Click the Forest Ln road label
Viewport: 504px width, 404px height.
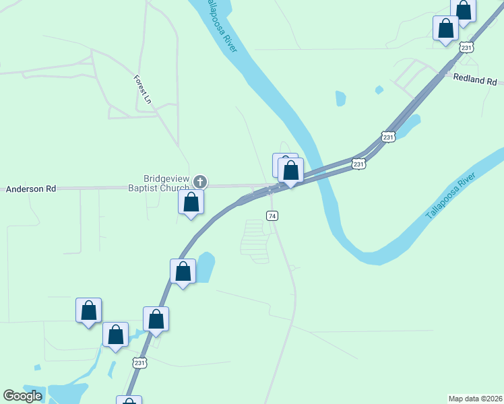click(142, 90)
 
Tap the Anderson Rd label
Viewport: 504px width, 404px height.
click(31, 189)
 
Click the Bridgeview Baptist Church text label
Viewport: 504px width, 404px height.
click(159, 182)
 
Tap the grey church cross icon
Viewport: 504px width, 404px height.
click(199, 181)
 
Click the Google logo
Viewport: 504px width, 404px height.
click(23, 396)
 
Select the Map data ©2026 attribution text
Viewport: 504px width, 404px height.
click(475, 399)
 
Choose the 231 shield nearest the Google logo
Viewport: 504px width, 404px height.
click(139, 363)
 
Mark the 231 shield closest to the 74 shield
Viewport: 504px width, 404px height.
click(359, 164)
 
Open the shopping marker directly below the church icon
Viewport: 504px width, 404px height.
click(191, 202)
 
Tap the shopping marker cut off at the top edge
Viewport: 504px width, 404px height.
click(464, 9)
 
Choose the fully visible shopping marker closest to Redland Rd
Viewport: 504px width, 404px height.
click(445, 28)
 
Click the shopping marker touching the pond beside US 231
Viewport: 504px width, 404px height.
click(183, 271)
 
